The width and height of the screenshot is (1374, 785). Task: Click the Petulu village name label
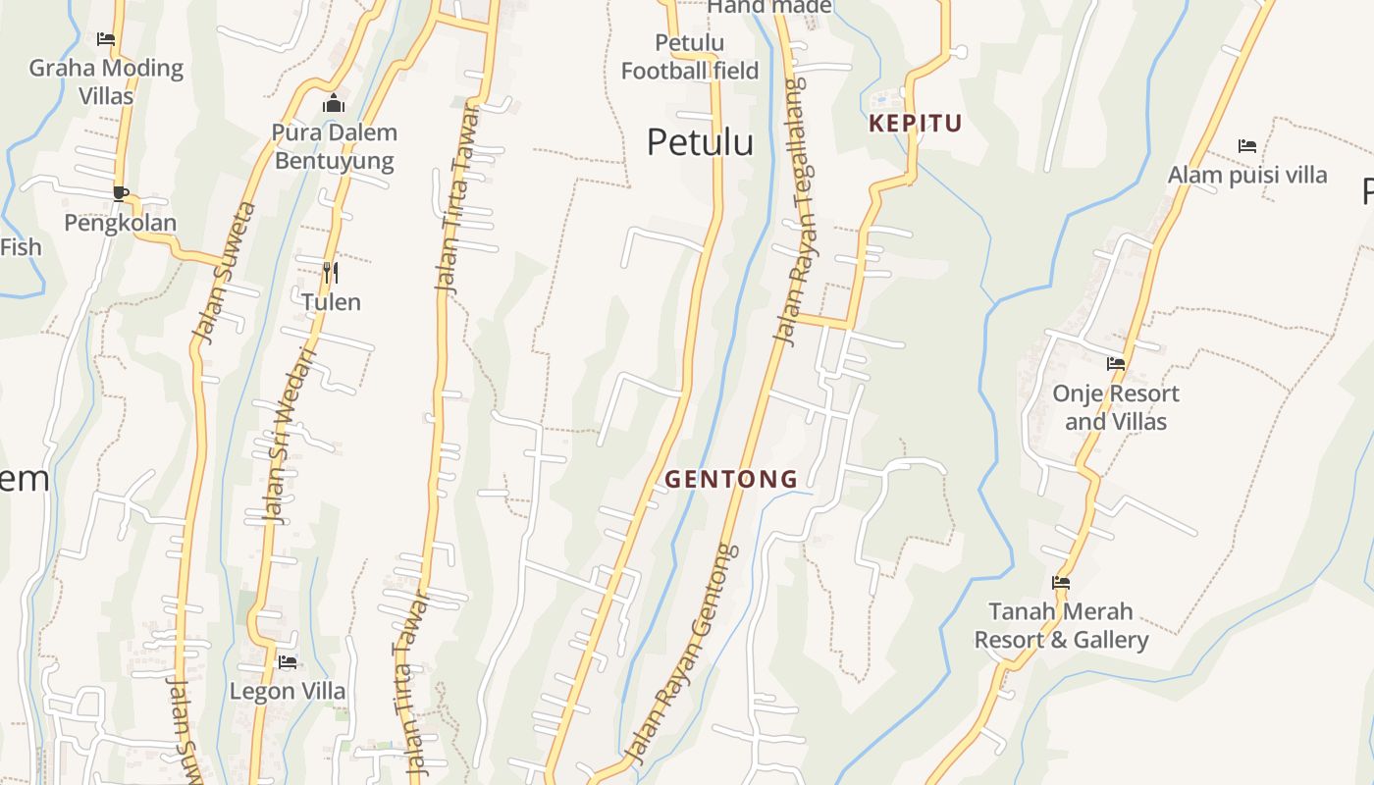[700, 142]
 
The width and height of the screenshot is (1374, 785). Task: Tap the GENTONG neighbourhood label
[731, 480]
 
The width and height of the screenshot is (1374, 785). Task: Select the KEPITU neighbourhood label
[915, 124]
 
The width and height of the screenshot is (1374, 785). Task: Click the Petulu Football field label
[690, 57]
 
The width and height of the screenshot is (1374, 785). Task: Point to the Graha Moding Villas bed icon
[106, 39]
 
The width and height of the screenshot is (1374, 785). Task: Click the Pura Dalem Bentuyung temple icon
[334, 103]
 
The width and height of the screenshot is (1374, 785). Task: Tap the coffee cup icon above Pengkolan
[120, 193]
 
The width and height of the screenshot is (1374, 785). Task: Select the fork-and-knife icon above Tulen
[331, 272]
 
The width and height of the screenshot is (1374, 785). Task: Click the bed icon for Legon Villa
[288, 662]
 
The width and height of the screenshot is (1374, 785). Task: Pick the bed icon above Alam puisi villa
[1247, 146]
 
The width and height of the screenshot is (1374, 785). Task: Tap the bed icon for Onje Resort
[1116, 364]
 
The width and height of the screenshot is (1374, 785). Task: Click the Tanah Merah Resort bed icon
[1061, 582]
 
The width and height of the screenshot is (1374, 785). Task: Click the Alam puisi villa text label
[1247, 176]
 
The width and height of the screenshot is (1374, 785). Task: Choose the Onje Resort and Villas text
[1116, 407]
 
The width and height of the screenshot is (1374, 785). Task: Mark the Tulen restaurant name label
[331, 302]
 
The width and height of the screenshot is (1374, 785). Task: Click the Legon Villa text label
[288, 692]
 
